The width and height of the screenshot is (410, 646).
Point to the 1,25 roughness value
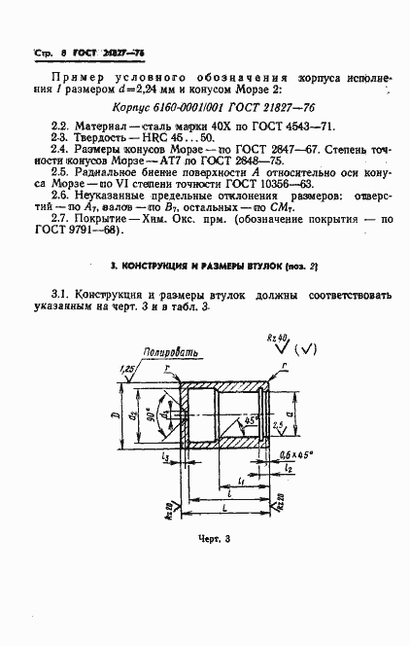[128, 369]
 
